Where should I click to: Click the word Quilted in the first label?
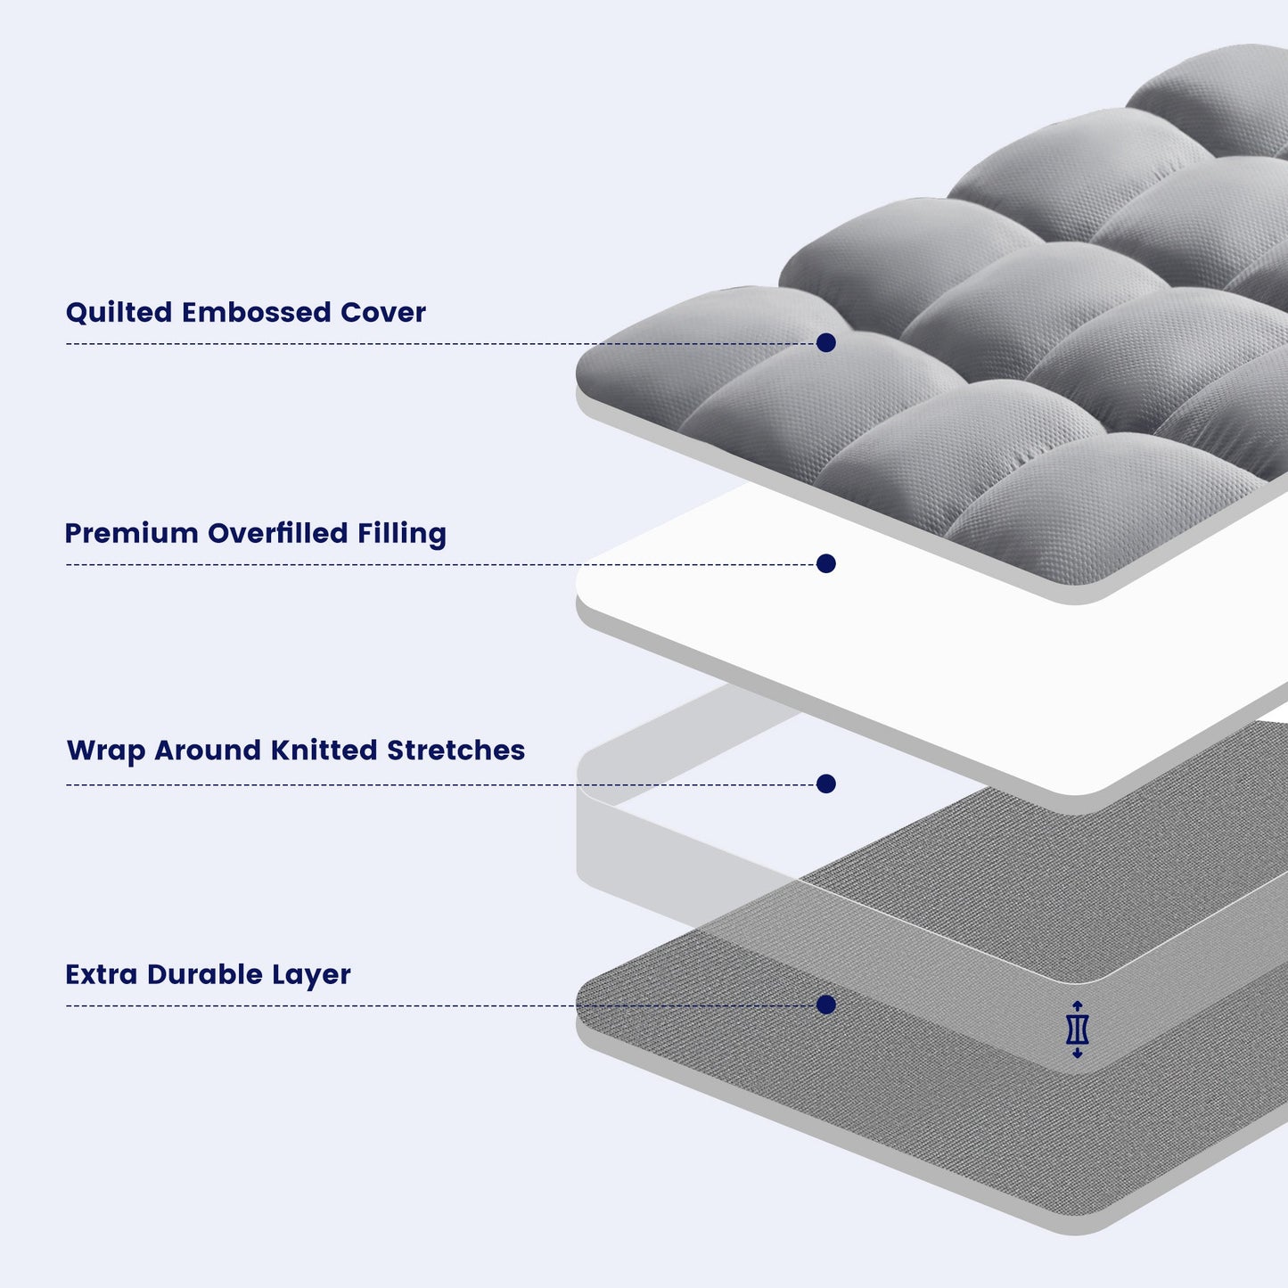119,313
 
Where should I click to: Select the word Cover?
383,313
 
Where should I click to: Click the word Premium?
131,534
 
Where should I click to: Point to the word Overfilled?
277,534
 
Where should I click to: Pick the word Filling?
401,535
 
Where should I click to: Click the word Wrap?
106,751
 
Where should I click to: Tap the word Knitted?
324,751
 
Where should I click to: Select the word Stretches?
455,751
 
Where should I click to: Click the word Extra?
102,974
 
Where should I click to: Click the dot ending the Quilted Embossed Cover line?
826,343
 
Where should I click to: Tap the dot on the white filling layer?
826,563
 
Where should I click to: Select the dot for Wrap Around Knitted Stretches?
826,784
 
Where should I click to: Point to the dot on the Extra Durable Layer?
826,1005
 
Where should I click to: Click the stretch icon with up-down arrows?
1078,1030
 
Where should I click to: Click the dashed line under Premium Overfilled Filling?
357,564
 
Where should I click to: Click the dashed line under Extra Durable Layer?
357,1006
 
